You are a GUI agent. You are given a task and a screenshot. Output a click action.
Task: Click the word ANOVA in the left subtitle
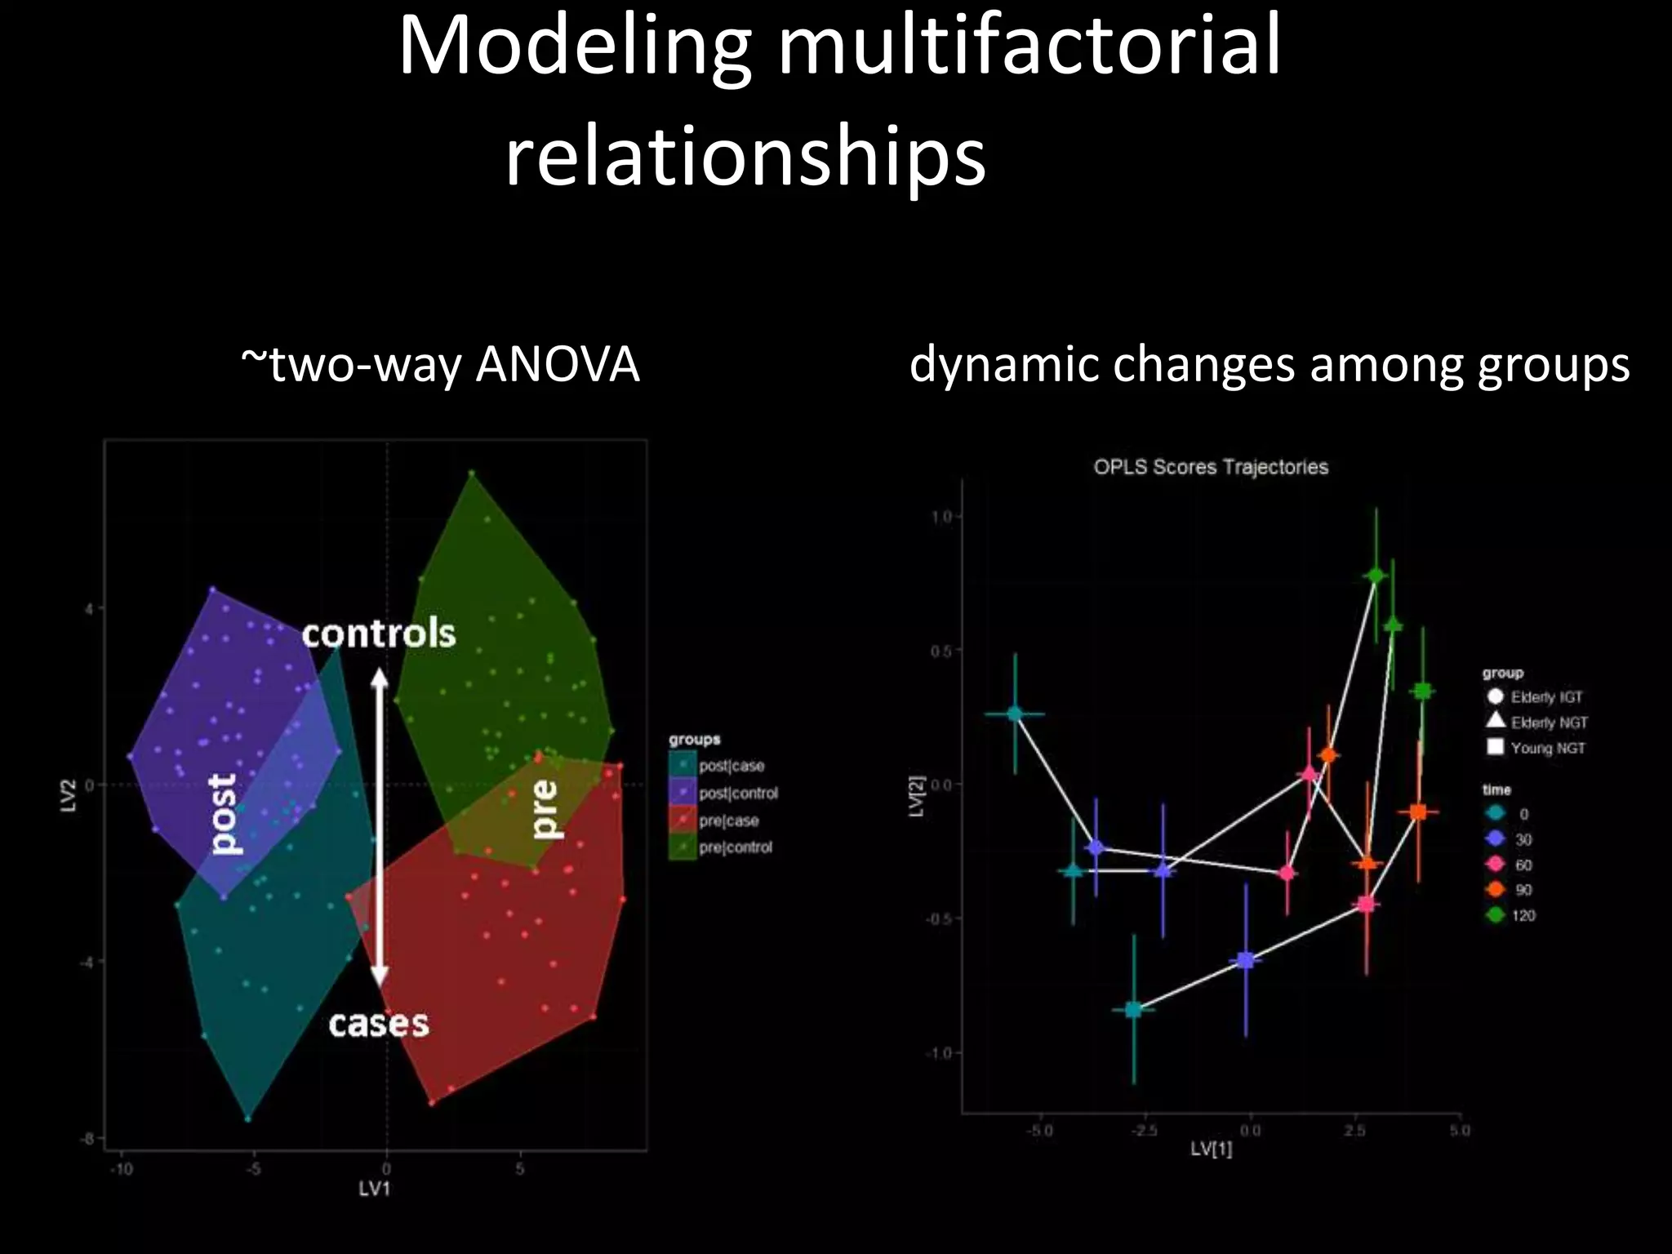point(557,364)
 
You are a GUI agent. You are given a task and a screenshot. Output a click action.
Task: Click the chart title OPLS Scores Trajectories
point(1210,467)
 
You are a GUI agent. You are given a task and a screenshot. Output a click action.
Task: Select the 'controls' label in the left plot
point(379,634)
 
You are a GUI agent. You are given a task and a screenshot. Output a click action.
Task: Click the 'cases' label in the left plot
point(379,1024)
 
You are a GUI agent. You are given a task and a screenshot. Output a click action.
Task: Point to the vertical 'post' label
point(222,815)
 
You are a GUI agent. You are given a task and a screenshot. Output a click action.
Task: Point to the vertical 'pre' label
point(543,809)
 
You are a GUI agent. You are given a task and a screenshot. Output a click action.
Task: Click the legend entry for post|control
point(737,793)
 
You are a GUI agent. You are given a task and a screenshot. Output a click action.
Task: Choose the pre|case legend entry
point(728,820)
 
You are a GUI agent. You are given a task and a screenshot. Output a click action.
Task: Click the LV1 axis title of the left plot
point(375,1189)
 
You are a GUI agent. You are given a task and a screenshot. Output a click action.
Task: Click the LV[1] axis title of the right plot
point(1211,1149)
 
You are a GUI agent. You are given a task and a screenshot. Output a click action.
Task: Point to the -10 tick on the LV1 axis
point(122,1169)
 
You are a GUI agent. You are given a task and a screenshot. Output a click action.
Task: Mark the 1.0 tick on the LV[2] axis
point(940,517)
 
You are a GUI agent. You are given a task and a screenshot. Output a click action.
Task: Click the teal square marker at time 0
point(1133,1010)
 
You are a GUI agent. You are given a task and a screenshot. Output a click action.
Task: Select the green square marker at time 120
point(1423,691)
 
